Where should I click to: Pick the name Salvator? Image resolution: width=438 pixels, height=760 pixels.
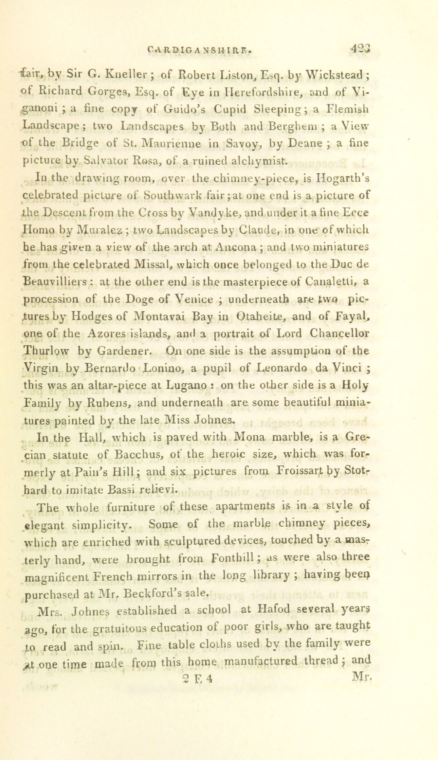coord(104,160)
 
